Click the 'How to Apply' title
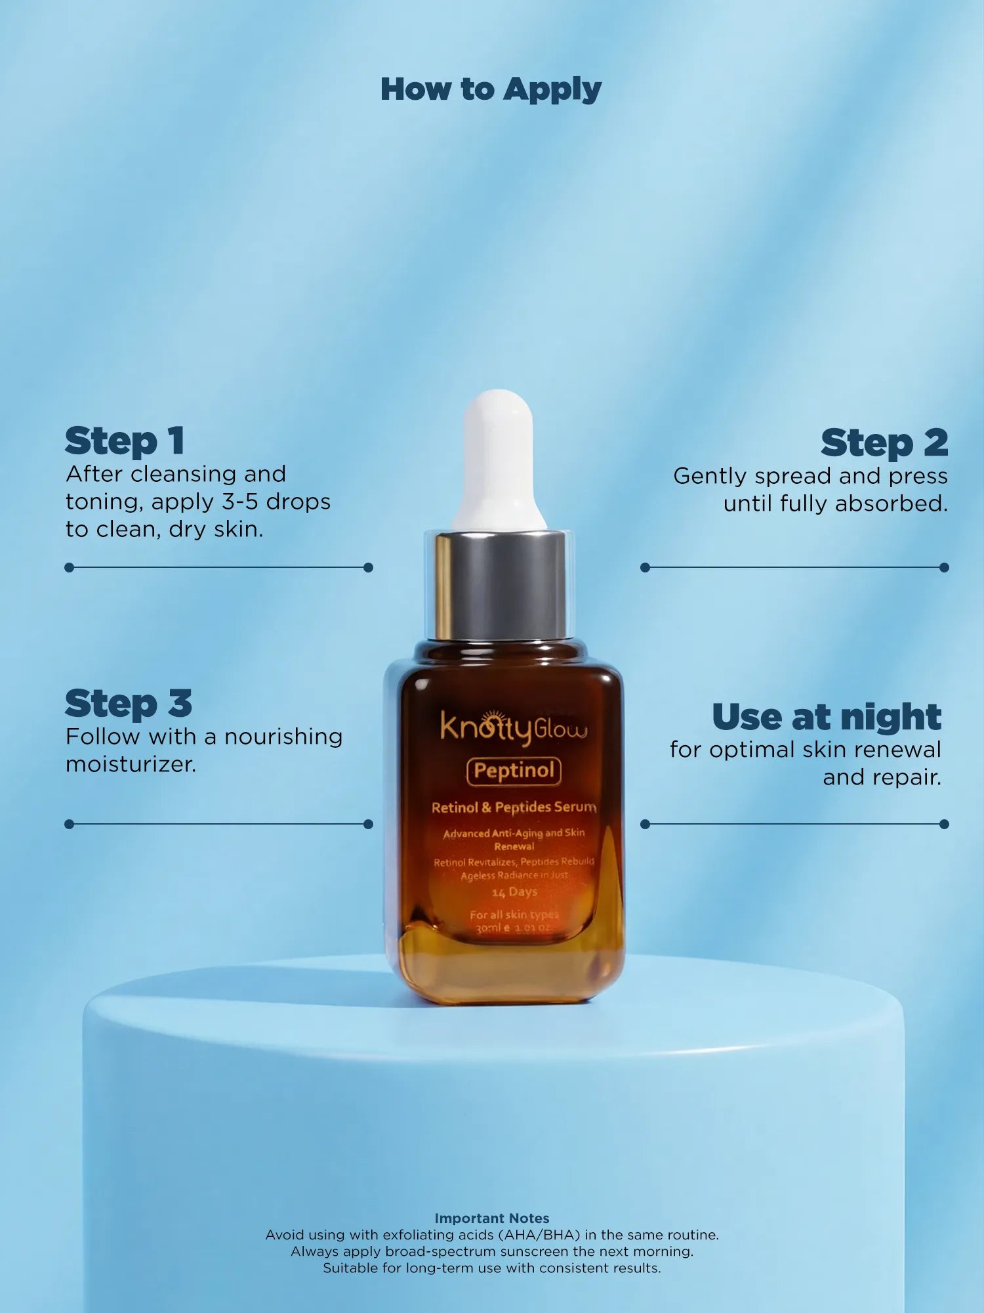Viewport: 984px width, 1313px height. point(491,89)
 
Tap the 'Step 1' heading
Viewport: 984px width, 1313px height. point(124,441)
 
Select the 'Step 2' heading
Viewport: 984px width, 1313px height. point(884,443)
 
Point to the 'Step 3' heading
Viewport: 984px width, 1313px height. point(128,704)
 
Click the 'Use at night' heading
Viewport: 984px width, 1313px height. point(827,717)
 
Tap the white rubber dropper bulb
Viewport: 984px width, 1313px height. point(499,453)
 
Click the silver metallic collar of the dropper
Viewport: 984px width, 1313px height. point(500,584)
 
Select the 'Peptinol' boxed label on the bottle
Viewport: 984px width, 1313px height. point(514,771)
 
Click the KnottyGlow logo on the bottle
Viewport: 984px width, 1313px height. point(513,727)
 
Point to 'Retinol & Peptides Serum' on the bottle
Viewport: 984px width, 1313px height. point(514,807)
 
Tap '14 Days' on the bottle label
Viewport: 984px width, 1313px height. point(514,892)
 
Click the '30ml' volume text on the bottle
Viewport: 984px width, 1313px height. point(489,928)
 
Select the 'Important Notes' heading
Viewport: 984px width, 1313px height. point(491,1218)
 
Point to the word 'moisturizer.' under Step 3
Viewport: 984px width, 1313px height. point(131,764)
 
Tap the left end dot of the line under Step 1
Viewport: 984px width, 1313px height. point(70,567)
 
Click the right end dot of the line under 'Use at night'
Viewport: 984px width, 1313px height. point(944,824)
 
